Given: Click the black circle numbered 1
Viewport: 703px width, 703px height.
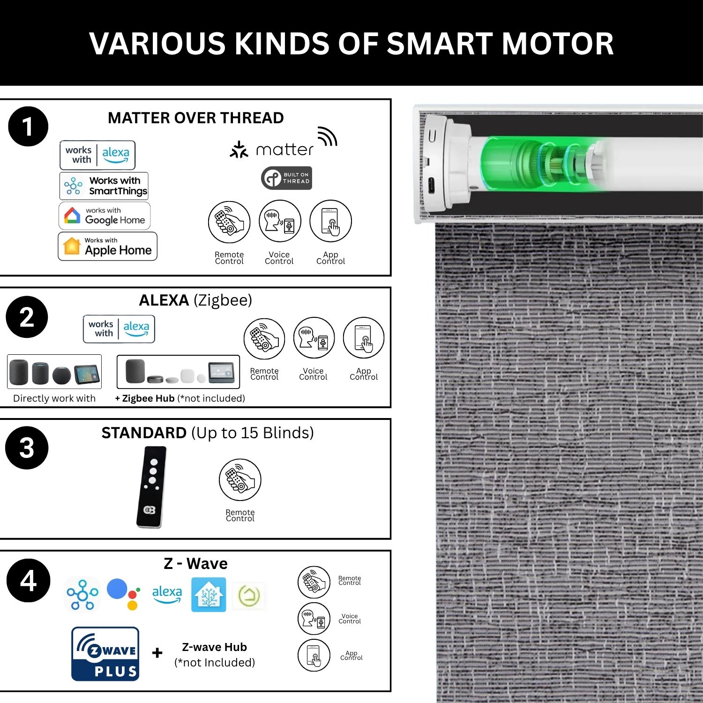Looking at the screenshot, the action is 28,127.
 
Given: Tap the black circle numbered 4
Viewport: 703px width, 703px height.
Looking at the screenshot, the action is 28,580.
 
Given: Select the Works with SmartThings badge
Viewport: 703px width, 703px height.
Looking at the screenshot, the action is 104,186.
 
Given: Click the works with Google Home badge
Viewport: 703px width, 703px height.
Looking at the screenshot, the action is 105,216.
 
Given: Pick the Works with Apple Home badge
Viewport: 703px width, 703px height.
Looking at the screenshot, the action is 107,246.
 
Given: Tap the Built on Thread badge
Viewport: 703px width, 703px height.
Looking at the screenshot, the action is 286,178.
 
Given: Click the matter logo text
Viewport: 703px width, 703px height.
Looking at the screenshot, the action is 284,150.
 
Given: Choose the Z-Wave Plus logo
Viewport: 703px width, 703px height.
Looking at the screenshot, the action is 105,654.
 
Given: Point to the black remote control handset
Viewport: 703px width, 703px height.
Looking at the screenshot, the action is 152,487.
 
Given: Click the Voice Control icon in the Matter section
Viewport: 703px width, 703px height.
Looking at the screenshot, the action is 280,221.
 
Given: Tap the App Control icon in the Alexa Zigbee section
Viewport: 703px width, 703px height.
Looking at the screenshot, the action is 364,338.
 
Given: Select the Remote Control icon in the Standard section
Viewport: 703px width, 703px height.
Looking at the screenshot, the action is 240,480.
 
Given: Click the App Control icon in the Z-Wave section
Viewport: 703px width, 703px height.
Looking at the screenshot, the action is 314,655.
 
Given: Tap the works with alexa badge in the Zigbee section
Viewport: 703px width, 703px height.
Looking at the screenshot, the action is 119,329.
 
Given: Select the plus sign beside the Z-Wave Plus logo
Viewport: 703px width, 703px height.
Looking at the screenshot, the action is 157,652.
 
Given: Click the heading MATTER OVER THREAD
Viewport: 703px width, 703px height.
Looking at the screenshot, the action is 196,118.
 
